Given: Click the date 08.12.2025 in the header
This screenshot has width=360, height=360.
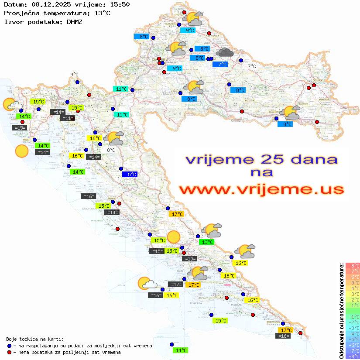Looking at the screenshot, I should coord(50,4).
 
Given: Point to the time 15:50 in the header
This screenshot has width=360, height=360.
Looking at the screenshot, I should coord(119,4).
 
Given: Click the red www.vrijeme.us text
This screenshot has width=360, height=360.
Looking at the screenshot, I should coord(261,189).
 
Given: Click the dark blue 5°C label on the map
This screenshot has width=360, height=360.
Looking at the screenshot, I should coord(130,174).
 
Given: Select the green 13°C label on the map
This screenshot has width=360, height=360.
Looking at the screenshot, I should coord(206,242).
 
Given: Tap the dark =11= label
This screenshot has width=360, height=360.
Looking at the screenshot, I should coord(67,118).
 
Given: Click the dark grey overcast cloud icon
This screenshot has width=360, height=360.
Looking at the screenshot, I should coord(225,53).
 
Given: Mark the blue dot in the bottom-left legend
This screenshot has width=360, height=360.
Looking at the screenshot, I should coord(9,346).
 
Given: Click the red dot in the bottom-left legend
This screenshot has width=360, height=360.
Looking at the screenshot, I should coord(9,352).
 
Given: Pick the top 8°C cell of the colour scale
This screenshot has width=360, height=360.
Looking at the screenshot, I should coord(353,266).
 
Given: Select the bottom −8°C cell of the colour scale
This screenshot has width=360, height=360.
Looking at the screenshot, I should coord(353,356).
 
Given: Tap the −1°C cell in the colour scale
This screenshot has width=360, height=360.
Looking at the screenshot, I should coord(353,316).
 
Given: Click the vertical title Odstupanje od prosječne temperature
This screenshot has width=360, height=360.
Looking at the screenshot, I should coord(342,311).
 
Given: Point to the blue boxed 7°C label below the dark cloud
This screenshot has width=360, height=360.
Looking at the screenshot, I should coord(223,65).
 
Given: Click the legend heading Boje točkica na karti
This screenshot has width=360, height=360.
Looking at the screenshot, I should coord(35,339).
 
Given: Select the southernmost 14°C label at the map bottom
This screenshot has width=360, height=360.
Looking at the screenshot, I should coord(181,350).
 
